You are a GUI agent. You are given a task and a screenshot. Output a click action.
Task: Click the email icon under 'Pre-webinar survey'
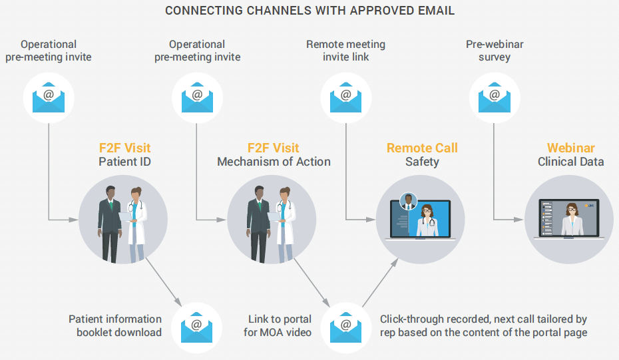pos(495,97)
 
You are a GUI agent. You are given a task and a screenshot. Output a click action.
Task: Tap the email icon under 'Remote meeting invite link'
pos(345,97)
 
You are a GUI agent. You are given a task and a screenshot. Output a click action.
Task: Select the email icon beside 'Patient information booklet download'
pos(196,326)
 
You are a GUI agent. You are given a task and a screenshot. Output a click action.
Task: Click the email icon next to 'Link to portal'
pos(345,326)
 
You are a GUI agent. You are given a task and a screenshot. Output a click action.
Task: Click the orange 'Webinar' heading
pos(570,148)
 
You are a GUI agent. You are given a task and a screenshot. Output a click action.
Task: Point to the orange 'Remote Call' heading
pos(422,148)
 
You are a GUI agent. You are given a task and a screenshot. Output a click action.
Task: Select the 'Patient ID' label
pos(125,162)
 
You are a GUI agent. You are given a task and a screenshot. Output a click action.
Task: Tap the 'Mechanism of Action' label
pos(274,162)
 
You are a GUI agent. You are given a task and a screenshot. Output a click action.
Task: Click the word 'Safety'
pos(422,162)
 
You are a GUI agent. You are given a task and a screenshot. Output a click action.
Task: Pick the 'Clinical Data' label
pos(570,162)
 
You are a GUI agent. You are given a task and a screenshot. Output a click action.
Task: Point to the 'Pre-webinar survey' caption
pos(495,51)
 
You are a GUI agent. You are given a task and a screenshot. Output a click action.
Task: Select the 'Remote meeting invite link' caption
pos(345,51)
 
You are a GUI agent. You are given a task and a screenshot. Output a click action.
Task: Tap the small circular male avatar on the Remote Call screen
pos(407,200)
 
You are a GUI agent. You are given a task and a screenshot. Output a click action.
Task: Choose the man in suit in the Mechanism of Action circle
pos(258,224)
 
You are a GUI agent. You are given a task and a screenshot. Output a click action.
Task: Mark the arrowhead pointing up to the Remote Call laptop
pos(395,263)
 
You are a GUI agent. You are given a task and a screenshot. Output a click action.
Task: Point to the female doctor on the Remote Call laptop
pos(425,219)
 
